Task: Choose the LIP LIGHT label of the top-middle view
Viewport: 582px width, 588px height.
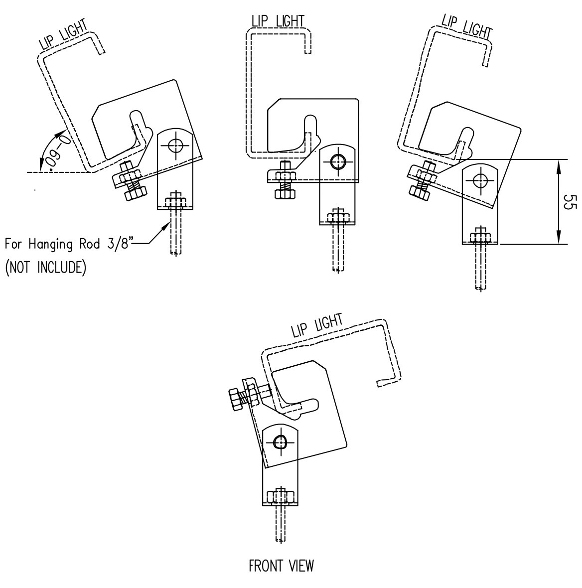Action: pyautogui.click(x=278, y=21)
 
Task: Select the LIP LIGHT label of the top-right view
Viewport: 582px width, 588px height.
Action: pyautogui.click(x=466, y=26)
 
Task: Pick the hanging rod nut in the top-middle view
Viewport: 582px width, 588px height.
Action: pyautogui.click(x=337, y=218)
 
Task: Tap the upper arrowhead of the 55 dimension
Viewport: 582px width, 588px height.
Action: pyautogui.click(x=559, y=164)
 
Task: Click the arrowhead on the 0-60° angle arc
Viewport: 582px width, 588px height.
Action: pyautogui.click(x=63, y=133)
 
